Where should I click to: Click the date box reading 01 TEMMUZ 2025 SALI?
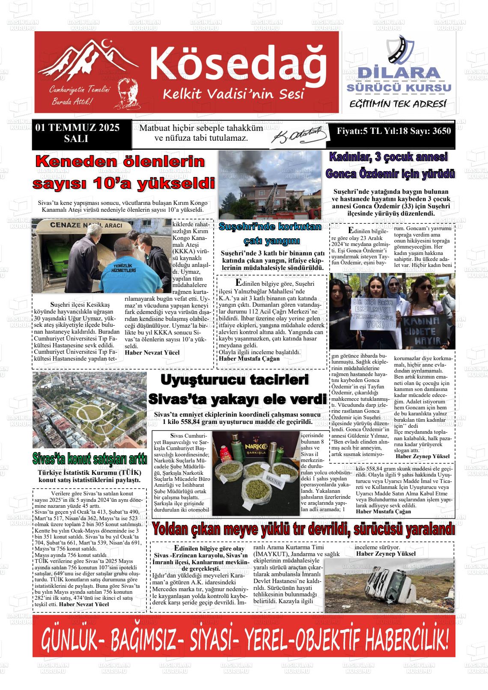coord(77,133)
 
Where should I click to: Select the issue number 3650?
coord(441,131)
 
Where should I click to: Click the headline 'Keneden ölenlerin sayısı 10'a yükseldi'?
coord(124,173)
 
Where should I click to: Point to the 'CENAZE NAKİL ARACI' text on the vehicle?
coord(86,225)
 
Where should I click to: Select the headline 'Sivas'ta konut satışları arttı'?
coord(90,459)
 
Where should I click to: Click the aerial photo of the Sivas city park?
coord(89,410)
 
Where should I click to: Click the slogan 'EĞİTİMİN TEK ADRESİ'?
coord(398,104)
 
